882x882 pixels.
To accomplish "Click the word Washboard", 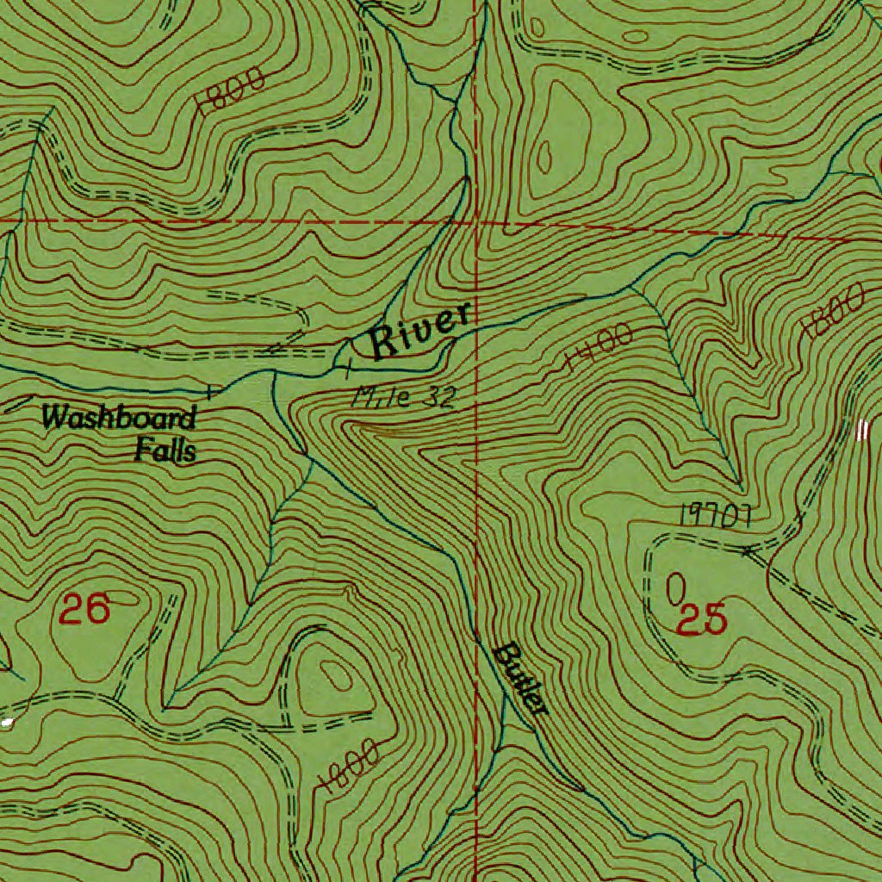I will coord(119,419).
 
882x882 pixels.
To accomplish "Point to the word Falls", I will coord(165,450).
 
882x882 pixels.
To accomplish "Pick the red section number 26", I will coord(85,611).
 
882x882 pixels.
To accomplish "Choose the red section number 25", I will coord(704,619).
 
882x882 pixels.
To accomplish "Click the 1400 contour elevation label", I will coord(601,348).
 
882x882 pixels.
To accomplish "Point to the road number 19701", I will coord(717,517).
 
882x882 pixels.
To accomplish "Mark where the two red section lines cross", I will coord(476,223).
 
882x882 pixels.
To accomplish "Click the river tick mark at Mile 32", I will coord(347,371).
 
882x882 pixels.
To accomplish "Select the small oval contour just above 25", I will coord(677,588).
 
